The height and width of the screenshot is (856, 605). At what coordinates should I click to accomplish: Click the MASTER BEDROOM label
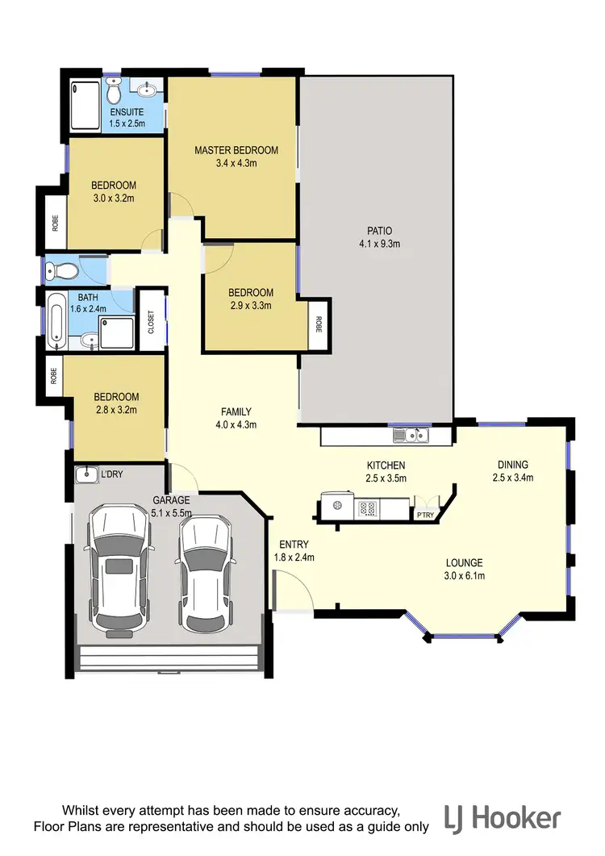click(236, 150)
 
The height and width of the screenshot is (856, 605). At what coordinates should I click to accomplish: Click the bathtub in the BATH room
click(56, 320)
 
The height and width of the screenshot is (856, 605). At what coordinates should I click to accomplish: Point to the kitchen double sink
click(411, 436)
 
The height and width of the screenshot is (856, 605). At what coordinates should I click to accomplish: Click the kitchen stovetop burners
click(368, 509)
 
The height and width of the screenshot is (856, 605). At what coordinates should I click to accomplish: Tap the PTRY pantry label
click(423, 514)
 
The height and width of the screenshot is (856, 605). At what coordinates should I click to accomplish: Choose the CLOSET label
click(151, 320)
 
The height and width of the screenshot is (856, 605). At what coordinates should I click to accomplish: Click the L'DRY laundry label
click(111, 474)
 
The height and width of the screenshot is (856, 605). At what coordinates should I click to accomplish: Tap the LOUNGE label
click(465, 562)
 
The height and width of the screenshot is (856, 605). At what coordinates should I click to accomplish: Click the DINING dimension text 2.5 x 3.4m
click(512, 477)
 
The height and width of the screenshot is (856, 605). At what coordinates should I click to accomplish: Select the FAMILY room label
click(236, 411)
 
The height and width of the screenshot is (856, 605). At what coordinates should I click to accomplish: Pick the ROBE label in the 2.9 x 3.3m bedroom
click(319, 324)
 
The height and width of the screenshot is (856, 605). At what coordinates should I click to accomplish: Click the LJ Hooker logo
click(502, 819)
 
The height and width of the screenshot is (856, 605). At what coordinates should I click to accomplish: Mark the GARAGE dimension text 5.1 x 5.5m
click(171, 512)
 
